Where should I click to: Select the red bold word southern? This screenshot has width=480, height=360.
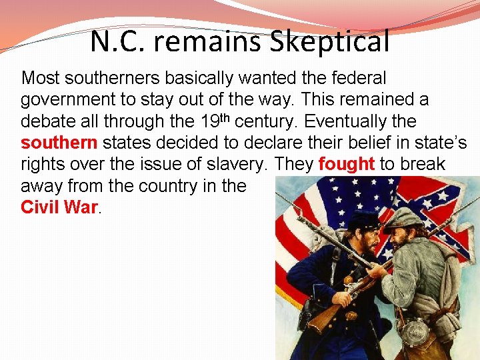pos(59,143)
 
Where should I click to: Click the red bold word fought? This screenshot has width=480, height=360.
pos(347,165)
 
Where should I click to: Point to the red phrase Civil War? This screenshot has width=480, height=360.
pos(59,207)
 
